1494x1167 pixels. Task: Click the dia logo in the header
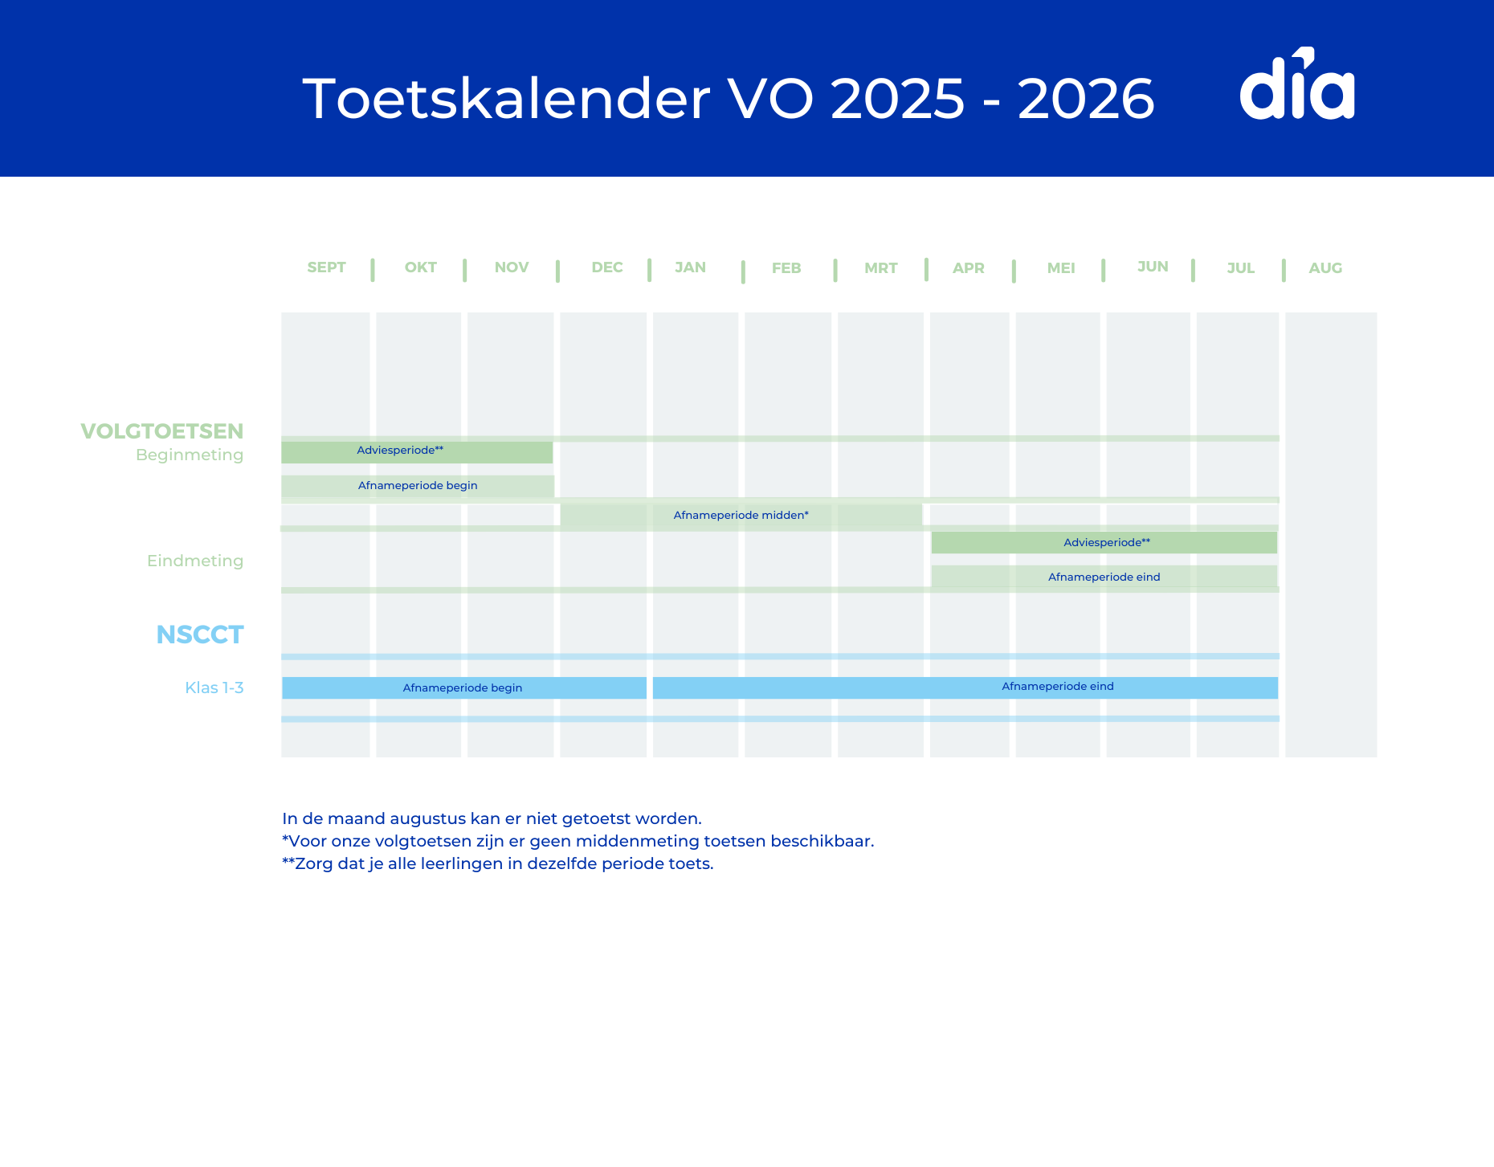[1296, 85]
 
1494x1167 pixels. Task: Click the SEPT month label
[326, 267]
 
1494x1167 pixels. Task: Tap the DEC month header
[606, 267]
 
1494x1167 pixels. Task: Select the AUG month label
[1325, 268]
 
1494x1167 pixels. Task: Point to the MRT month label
[880, 268]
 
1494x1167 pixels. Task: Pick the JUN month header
[1153, 267]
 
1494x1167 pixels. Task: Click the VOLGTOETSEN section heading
[161, 431]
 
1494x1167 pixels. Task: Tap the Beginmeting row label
[190, 455]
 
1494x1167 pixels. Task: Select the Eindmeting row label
[195, 561]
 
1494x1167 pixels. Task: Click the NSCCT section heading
[199, 635]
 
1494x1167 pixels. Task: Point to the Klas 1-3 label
[214, 688]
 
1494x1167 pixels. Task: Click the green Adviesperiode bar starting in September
[417, 451]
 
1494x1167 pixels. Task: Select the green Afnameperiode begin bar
[418, 486]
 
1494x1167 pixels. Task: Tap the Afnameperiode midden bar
[741, 516]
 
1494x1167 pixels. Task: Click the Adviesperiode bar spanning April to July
[1104, 543]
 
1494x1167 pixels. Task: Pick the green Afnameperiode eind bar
[1104, 577]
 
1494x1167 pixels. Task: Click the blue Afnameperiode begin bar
[463, 688]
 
